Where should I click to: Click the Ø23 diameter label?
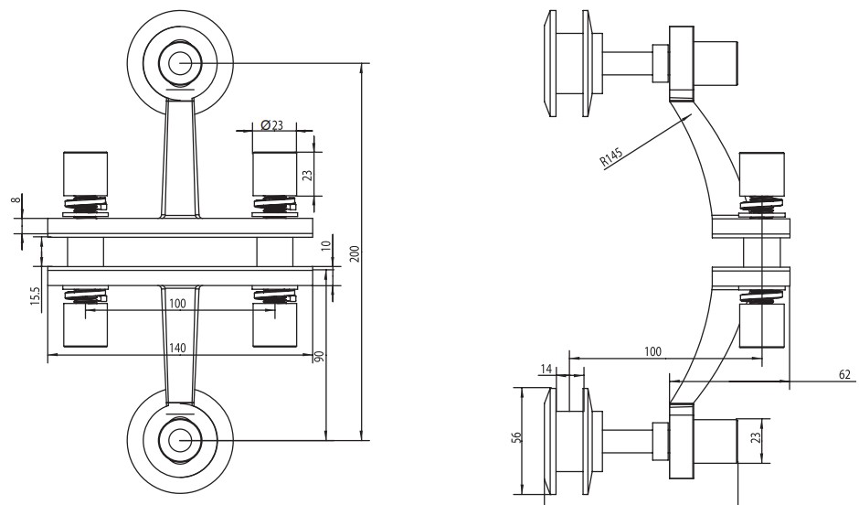tap(271, 125)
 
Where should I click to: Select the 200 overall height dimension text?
tap(355, 253)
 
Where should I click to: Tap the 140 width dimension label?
tap(177, 348)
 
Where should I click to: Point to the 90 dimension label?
tap(320, 356)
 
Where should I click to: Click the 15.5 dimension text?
tap(36, 296)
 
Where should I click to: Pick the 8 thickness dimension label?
tap(17, 200)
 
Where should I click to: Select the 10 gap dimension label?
tap(326, 246)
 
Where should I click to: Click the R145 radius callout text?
tap(611, 156)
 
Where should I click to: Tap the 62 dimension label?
tap(845, 374)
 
